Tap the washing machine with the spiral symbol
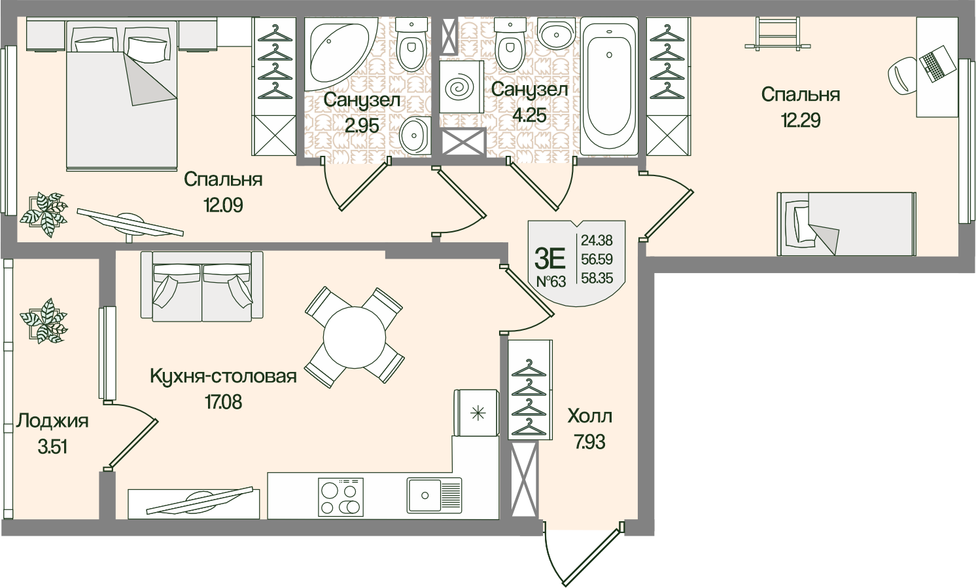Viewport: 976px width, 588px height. tap(461, 86)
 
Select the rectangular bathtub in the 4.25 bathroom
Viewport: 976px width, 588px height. tap(609, 86)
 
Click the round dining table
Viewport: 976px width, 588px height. tap(355, 337)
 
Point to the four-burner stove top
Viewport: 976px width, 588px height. tap(341, 497)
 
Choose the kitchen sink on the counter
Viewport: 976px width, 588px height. tap(434, 495)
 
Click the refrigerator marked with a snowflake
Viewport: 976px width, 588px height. tap(476, 413)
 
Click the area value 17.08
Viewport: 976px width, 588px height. tap(224, 402)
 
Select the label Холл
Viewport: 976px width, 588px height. tap(589, 416)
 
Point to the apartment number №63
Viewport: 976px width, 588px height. tap(551, 282)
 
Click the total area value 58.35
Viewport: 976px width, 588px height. tap(597, 278)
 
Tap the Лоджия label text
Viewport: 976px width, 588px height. tap(53, 422)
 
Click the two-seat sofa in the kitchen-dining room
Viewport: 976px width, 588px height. tap(201, 287)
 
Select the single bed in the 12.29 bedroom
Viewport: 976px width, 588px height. tap(846, 224)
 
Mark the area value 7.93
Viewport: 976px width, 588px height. tap(589, 443)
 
